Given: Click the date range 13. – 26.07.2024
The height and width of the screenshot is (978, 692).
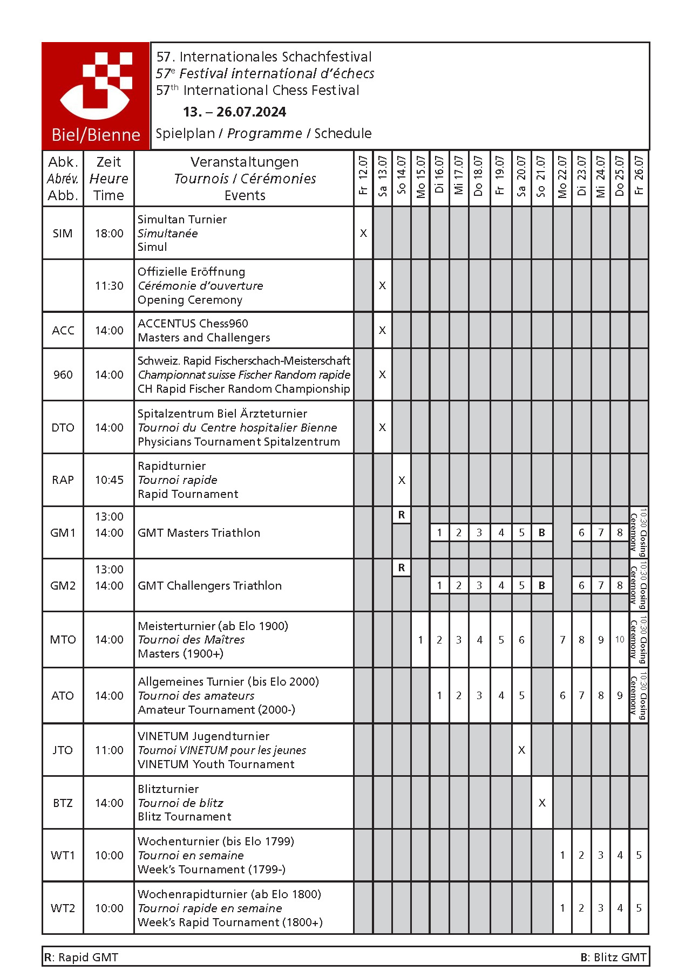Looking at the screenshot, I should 234,112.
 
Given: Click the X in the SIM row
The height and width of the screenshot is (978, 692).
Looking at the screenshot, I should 363,233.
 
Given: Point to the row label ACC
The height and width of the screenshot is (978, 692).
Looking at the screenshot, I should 63,330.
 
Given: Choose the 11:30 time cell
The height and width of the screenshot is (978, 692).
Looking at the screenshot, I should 109,286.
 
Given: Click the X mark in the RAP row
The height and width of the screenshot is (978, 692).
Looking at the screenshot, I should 402,480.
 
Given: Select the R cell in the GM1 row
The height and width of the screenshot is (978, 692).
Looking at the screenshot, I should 402,515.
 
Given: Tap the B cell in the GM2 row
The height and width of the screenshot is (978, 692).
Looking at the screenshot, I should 541,585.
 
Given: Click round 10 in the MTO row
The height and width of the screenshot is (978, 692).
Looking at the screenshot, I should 620,640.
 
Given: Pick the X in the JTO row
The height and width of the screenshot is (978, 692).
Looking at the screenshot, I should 521,750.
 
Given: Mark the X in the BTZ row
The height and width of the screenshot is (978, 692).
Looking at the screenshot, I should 541,803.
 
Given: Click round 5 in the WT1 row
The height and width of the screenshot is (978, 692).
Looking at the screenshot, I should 639,855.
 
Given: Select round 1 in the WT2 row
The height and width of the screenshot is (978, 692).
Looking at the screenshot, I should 562,908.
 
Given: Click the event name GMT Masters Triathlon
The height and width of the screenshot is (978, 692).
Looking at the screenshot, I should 199,533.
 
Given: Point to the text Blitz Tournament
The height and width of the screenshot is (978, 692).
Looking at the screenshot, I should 184,817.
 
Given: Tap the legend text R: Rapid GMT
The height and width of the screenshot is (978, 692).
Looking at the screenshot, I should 81,957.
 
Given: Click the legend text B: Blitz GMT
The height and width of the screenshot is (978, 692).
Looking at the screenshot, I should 613,957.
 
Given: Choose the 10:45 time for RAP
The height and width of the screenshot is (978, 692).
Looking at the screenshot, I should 109,480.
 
